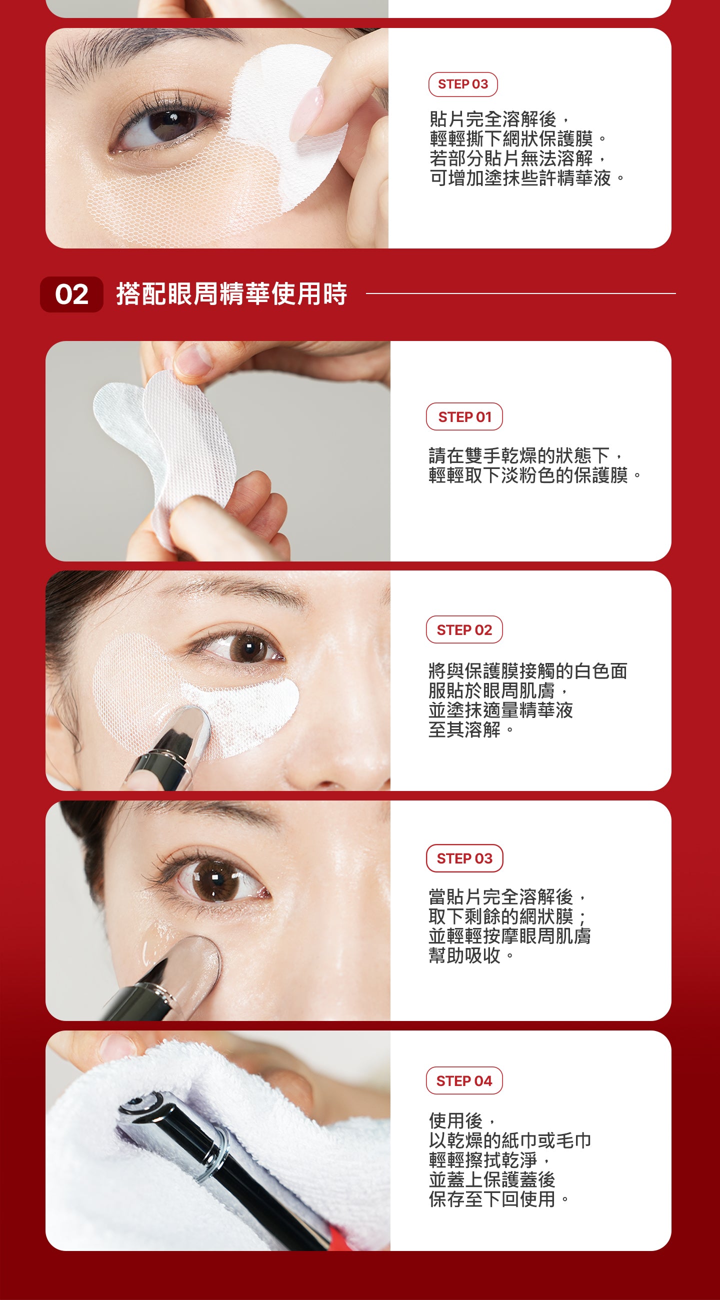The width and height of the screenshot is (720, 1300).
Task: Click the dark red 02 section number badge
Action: [71, 294]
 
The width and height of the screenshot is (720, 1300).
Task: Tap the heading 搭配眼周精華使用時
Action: [231, 293]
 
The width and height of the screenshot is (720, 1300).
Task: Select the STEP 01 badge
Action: [464, 416]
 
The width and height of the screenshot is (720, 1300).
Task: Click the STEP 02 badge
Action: [464, 629]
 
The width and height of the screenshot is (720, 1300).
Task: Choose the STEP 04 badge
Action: [464, 1080]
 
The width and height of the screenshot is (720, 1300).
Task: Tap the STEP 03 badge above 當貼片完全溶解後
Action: [464, 858]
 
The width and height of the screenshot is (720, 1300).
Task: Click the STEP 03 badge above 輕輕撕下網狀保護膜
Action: [462, 84]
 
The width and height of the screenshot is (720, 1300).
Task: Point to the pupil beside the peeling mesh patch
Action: [169, 121]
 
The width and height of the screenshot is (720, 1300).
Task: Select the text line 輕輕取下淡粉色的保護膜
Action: [535, 475]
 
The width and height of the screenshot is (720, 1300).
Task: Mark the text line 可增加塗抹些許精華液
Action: [527, 178]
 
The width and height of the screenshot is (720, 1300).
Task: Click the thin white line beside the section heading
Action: [520, 293]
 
